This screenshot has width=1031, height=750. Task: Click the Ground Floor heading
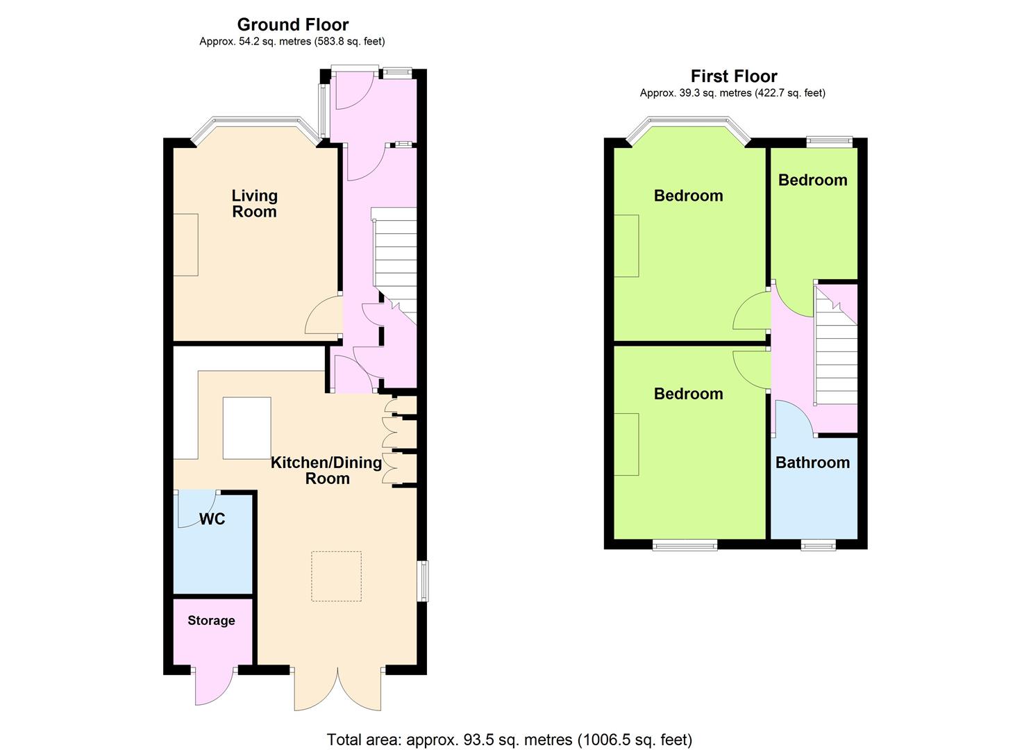coord(293,24)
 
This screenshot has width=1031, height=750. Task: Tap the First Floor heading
coord(734,76)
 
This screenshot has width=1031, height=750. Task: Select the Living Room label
coord(255,203)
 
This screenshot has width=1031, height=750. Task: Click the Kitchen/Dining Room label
coord(326,471)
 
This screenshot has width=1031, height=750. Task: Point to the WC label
coord(212,519)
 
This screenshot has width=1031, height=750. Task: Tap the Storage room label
coord(211,621)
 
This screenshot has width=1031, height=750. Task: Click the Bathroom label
coord(812,462)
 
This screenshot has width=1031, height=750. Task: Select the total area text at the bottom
coord(509,726)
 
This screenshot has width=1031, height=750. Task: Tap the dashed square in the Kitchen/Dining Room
coord(337,576)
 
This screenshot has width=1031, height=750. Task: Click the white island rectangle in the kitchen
coord(246,428)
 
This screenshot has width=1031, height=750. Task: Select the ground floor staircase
coord(394,266)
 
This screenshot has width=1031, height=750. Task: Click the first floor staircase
coord(835,345)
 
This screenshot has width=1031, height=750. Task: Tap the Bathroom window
coord(819,546)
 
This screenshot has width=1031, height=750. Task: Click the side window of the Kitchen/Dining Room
coord(423,581)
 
